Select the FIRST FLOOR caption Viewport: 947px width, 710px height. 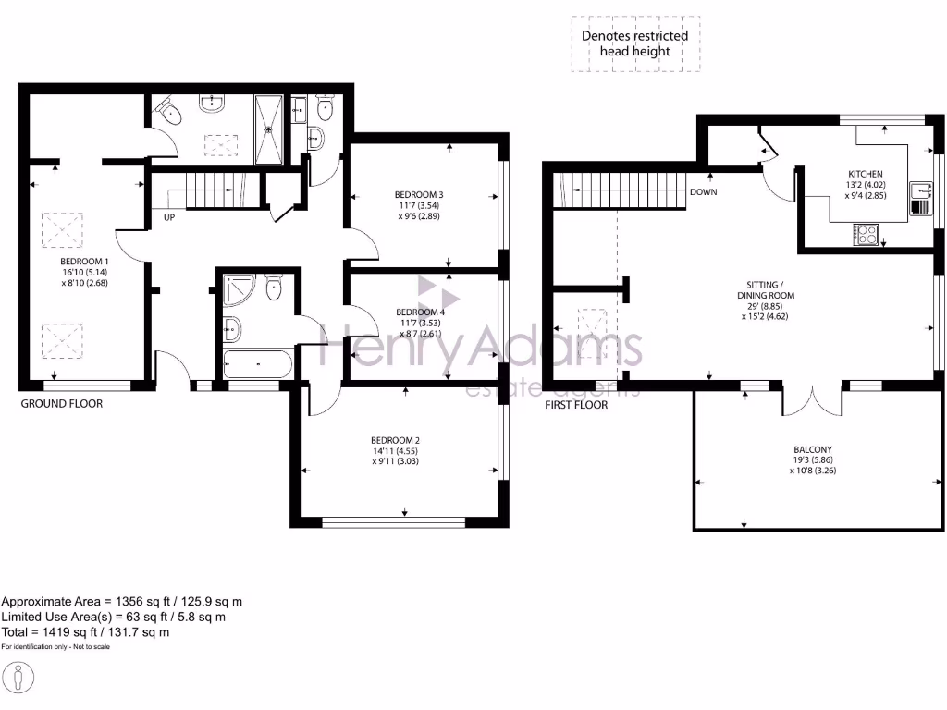(575, 405)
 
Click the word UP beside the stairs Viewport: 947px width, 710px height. (170, 219)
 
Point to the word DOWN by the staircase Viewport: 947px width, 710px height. (703, 193)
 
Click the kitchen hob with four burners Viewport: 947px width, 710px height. (867, 235)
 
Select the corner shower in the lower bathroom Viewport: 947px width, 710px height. (239, 288)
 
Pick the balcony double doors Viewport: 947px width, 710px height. (812, 399)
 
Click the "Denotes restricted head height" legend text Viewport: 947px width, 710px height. (634, 43)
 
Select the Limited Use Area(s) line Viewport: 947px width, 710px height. (114, 617)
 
